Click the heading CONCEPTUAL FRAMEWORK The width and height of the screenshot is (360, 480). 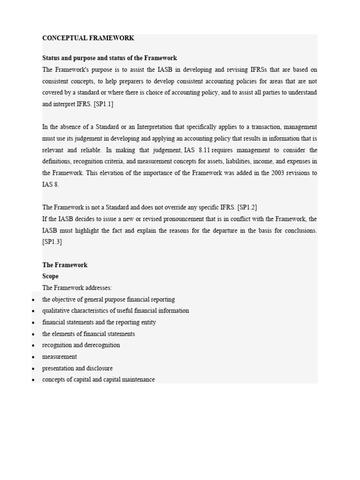tap(88, 38)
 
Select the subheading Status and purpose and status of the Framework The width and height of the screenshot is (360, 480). tap(110, 58)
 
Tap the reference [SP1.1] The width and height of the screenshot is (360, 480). tap(103, 104)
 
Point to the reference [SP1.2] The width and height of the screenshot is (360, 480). tap(247, 207)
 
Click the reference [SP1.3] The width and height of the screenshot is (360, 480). tap(52, 242)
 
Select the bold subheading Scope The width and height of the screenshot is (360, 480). tap(51, 276)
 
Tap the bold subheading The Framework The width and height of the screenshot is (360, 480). tap(65, 265)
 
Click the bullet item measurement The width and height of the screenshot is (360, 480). tap(60, 357)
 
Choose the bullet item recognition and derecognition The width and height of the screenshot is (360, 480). tap(81, 345)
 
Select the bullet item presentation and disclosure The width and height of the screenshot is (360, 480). tap(77, 368)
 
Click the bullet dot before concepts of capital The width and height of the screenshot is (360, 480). tap(33, 380)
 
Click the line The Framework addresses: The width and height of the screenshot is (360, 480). tap(77, 288)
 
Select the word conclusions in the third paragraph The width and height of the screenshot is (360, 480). tap(300, 231)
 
